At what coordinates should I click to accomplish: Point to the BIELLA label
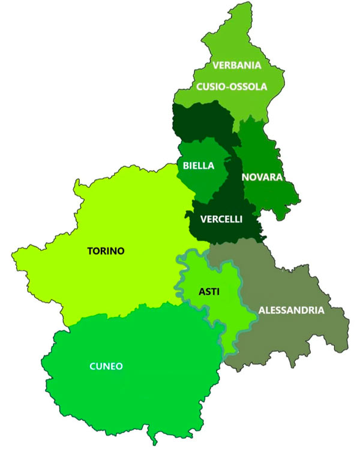(x=199, y=165)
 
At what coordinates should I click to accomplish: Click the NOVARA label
(x=262, y=177)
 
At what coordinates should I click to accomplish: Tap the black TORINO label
(x=106, y=251)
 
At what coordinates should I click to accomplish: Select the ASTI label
(x=208, y=292)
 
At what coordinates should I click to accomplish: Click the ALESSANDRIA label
(x=291, y=310)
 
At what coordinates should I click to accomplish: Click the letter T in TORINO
(x=90, y=251)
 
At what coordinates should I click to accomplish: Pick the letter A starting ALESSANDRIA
(x=262, y=310)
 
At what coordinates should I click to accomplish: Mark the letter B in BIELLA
(x=186, y=165)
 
